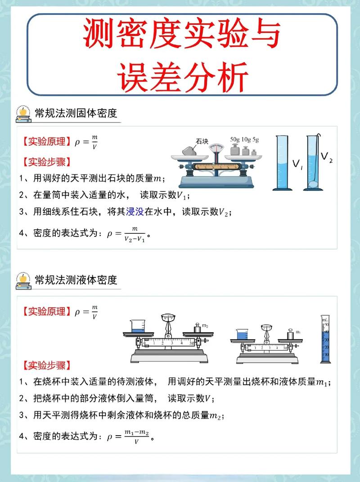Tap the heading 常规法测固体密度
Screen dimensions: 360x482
coord(76,113)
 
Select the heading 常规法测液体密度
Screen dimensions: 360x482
coord(76,280)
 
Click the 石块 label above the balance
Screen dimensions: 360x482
coord(202,141)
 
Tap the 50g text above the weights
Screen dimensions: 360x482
coord(235,140)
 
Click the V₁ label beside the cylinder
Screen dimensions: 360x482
coord(297,164)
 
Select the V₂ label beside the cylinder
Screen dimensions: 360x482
coord(327,157)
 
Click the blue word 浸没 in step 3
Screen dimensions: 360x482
coord(135,211)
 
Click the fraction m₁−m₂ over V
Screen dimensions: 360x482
coord(137,437)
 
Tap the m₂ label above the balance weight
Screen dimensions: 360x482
coord(205,326)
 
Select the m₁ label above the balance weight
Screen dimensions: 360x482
coord(298,332)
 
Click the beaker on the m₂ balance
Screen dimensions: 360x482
coord(137,326)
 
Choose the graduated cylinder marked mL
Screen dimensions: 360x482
coord(325,339)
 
